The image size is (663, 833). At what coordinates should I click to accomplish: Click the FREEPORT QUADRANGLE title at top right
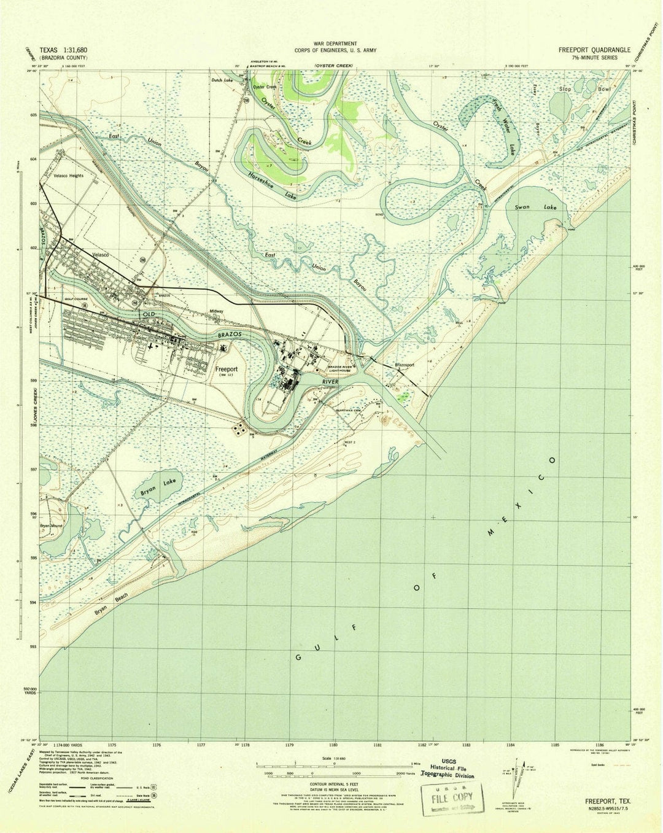tap(593, 52)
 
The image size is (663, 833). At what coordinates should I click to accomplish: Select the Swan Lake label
tap(533, 207)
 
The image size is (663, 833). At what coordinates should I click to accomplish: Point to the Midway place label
tap(216, 311)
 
